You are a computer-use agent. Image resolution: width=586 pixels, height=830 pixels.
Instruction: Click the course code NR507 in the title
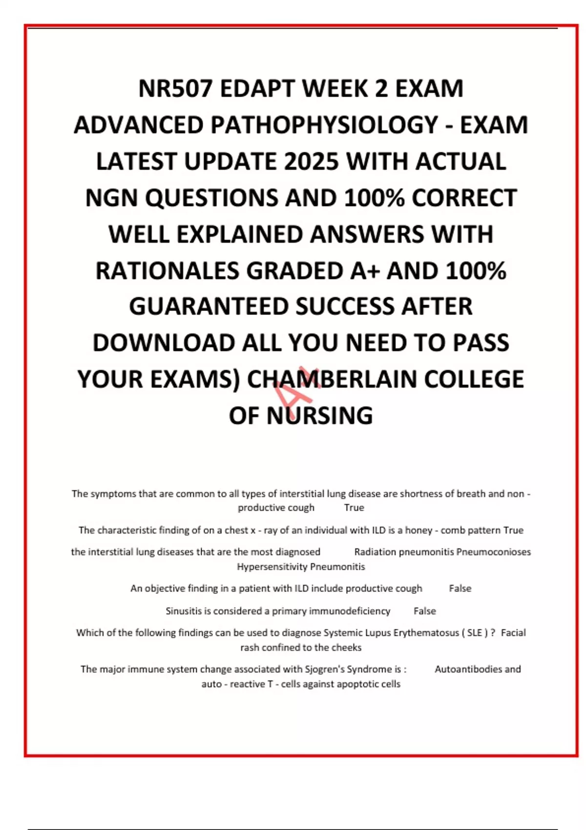click(175, 89)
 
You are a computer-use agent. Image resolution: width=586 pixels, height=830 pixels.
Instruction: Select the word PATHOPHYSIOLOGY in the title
click(324, 125)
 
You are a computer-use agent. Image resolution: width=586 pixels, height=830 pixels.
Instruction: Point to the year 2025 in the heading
click(311, 162)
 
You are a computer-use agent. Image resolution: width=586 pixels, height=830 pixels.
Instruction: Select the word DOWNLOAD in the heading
click(164, 343)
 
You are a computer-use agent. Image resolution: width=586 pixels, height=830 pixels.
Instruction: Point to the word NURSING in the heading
click(319, 416)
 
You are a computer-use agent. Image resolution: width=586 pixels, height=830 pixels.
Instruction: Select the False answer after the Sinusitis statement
click(424, 611)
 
